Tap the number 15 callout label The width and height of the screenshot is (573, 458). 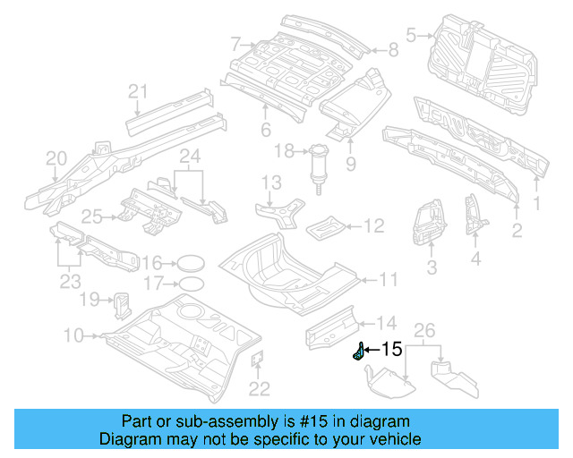[392, 350]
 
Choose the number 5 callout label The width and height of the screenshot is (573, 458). [412, 36]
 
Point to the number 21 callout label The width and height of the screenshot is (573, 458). [137, 90]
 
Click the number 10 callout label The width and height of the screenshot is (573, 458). [73, 335]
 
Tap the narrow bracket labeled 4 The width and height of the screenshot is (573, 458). [472, 217]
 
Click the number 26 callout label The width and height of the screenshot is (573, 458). [426, 331]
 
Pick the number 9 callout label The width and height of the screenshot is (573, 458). [350, 164]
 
